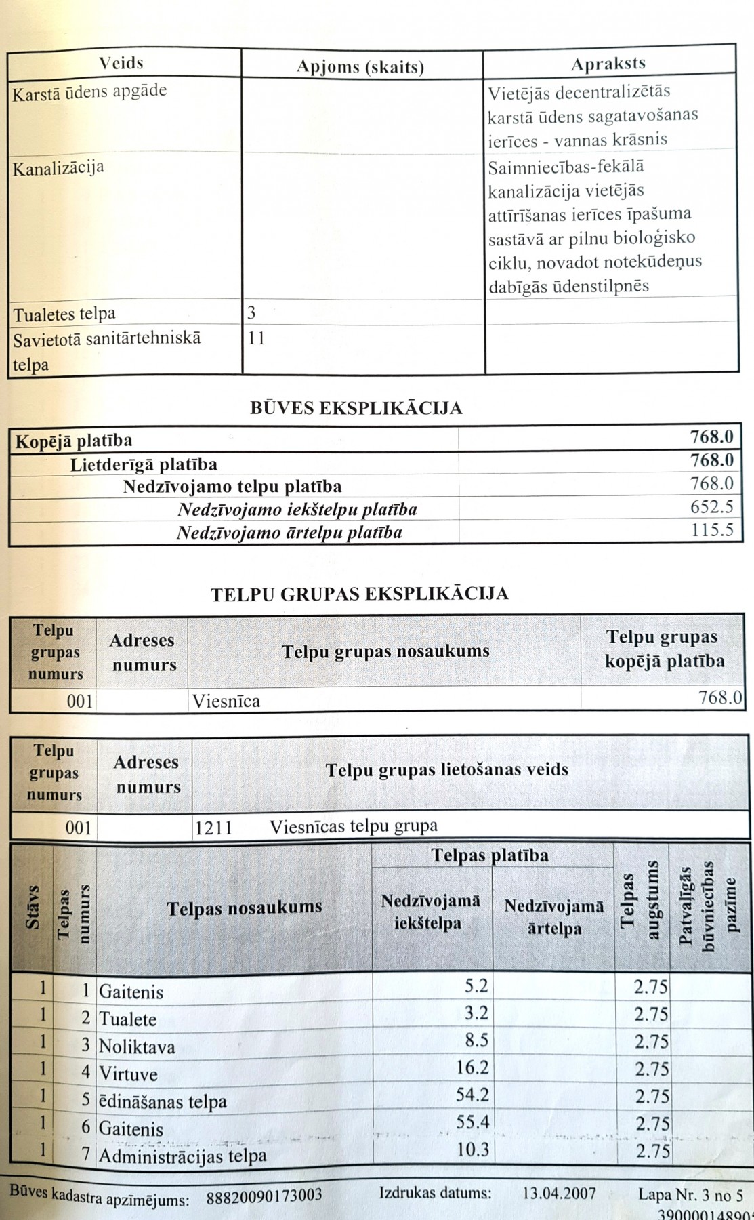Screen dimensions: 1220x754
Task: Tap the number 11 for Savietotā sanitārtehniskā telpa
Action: [x=257, y=338]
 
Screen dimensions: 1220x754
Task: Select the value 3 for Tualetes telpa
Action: [x=251, y=313]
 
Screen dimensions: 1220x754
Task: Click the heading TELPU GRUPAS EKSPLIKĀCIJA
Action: [x=360, y=594]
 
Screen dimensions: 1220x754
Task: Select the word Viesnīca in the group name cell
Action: [x=226, y=700]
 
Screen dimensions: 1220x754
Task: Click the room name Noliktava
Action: [x=137, y=1047]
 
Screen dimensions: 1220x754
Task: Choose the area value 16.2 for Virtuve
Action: [x=472, y=1068]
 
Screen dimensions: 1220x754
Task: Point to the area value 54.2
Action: [x=472, y=1095]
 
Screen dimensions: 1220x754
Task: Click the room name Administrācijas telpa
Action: [x=183, y=1156]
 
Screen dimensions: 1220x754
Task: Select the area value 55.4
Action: [x=472, y=1122]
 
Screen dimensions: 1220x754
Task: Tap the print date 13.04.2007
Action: [x=560, y=1192]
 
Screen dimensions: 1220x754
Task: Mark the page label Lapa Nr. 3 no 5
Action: [x=690, y=1194]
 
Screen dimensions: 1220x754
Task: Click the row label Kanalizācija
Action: [x=58, y=167]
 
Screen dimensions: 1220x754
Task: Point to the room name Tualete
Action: [x=128, y=1019]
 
